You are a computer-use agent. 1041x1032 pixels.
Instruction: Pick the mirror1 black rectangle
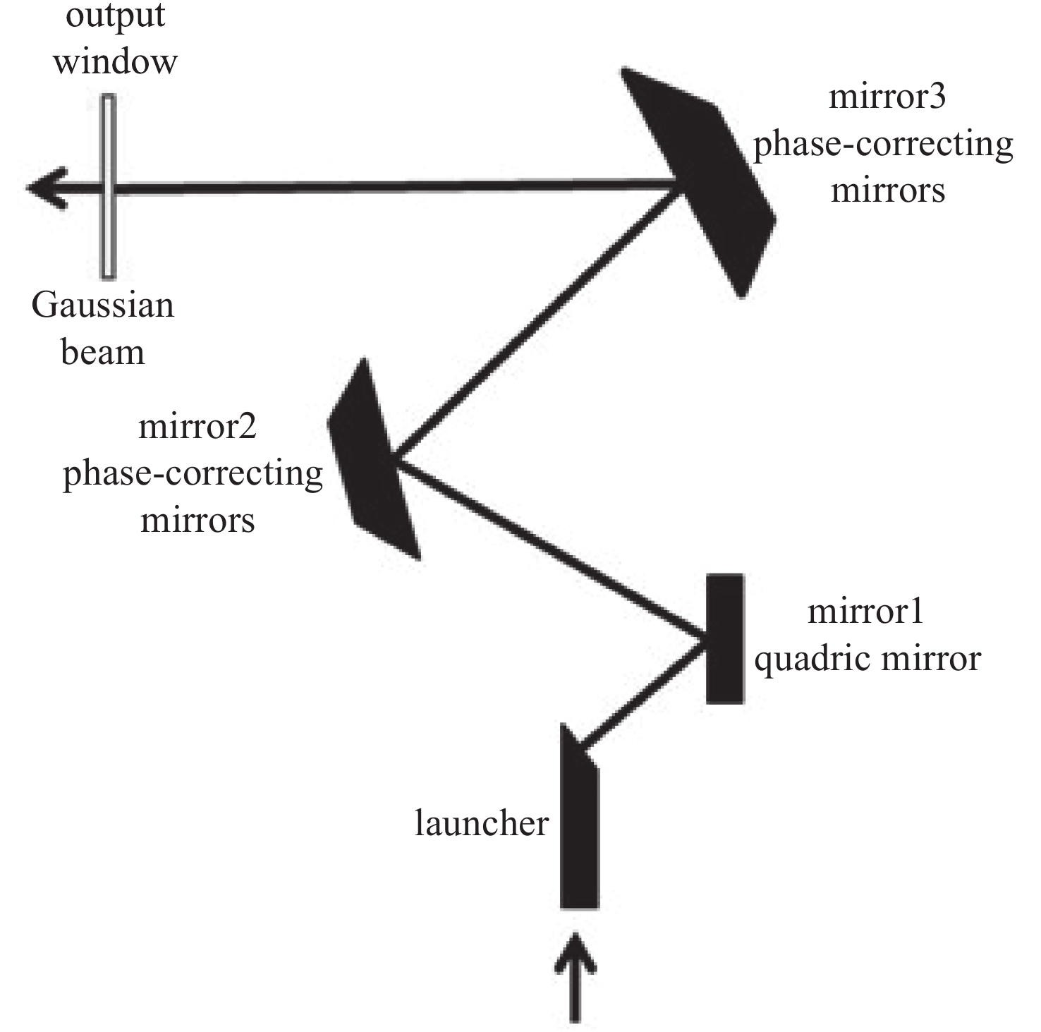point(724,638)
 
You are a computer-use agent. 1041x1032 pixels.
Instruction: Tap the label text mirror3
point(886,96)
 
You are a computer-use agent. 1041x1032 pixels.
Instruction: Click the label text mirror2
point(197,427)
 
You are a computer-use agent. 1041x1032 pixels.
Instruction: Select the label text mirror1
point(865,611)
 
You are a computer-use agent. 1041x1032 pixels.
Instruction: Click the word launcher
point(481,823)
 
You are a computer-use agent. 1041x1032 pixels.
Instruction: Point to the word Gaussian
point(103,306)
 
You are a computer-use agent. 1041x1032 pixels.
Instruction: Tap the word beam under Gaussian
point(103,352)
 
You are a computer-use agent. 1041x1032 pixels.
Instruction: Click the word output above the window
point(115,16)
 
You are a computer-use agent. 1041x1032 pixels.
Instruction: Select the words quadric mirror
point(867,659)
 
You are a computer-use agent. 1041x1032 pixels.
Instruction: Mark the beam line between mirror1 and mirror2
point(550,550)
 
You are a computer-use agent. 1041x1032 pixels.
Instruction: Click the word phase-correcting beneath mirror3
point(883,145)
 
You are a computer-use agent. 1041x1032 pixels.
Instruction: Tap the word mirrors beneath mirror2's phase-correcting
point(197,521)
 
